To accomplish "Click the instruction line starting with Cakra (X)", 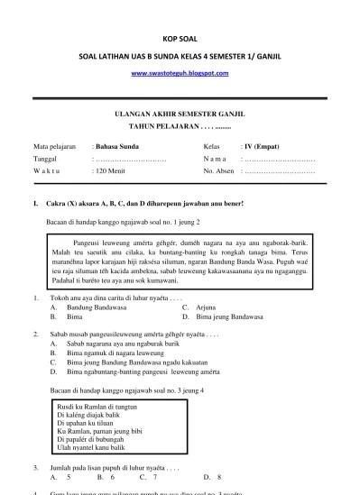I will pyautogui.click(x=128, y=204).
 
